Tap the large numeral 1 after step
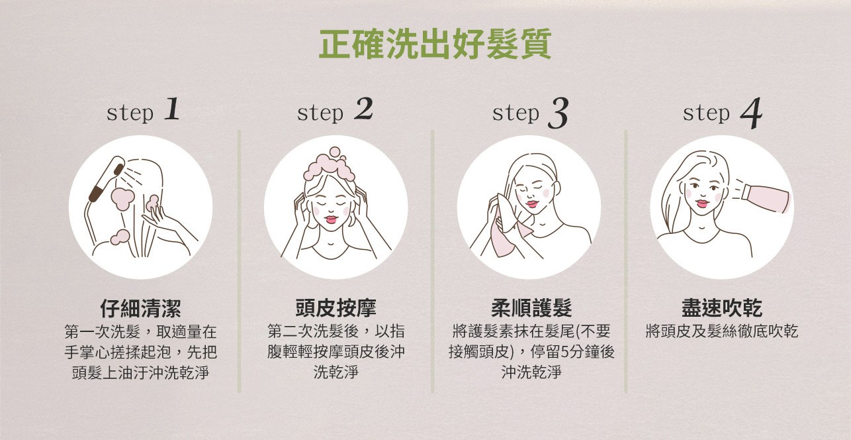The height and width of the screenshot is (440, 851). [172, 109]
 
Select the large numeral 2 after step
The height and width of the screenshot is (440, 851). [363, 109]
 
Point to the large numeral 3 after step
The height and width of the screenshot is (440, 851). [558, 113]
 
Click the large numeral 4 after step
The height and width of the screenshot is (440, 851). [751, 113]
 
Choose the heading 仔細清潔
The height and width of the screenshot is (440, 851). [140, 308]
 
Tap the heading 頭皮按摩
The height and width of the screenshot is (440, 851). [336, 308]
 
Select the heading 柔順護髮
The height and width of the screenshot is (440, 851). [531, 308]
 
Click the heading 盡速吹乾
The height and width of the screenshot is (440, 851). [722, 308]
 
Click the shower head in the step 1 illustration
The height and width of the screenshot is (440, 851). [107, 179]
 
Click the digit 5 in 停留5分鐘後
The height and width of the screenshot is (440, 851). [564, 352]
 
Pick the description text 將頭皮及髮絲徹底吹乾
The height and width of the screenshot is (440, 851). [722, 331]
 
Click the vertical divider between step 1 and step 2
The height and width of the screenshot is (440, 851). [240, 261]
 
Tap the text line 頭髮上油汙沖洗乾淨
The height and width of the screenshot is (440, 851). [140, 372]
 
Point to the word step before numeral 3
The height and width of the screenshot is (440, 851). [515, 113]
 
